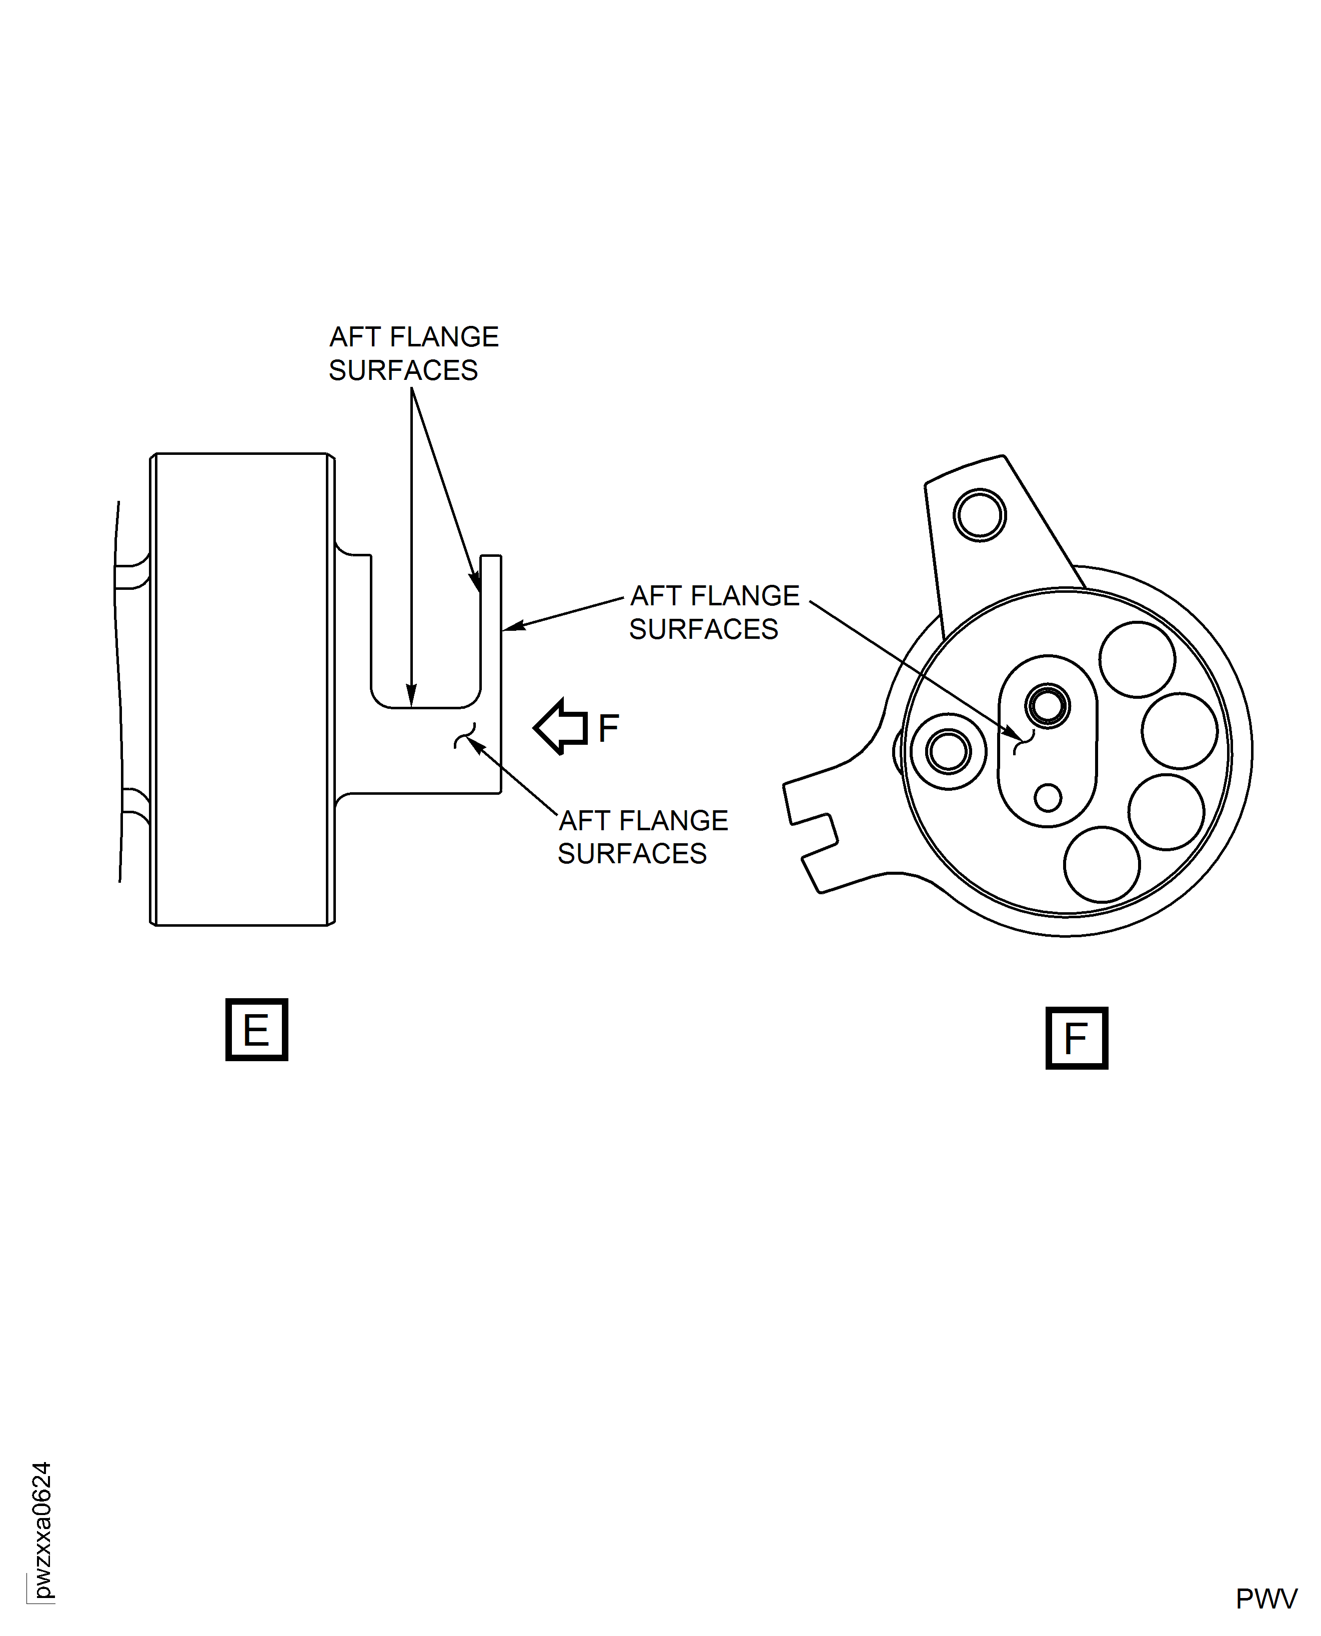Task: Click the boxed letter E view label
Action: point(256,1030)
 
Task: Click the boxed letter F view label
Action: point(1076,1038)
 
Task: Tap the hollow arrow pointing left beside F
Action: point(561,727)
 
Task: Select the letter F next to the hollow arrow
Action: point(608,728)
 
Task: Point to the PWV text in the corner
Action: point(1266,1599)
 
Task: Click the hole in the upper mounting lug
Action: point(979,515)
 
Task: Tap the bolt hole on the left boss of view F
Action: point(948,752)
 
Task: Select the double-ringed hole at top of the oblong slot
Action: point(1048,705)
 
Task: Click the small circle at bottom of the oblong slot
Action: point(1048,797)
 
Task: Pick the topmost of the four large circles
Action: point(1137,659)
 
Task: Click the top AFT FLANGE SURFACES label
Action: point(413,353)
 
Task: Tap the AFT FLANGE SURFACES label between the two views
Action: point(714,612)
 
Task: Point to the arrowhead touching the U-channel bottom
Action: point(412,697)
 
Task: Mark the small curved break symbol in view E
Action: point(465,735)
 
